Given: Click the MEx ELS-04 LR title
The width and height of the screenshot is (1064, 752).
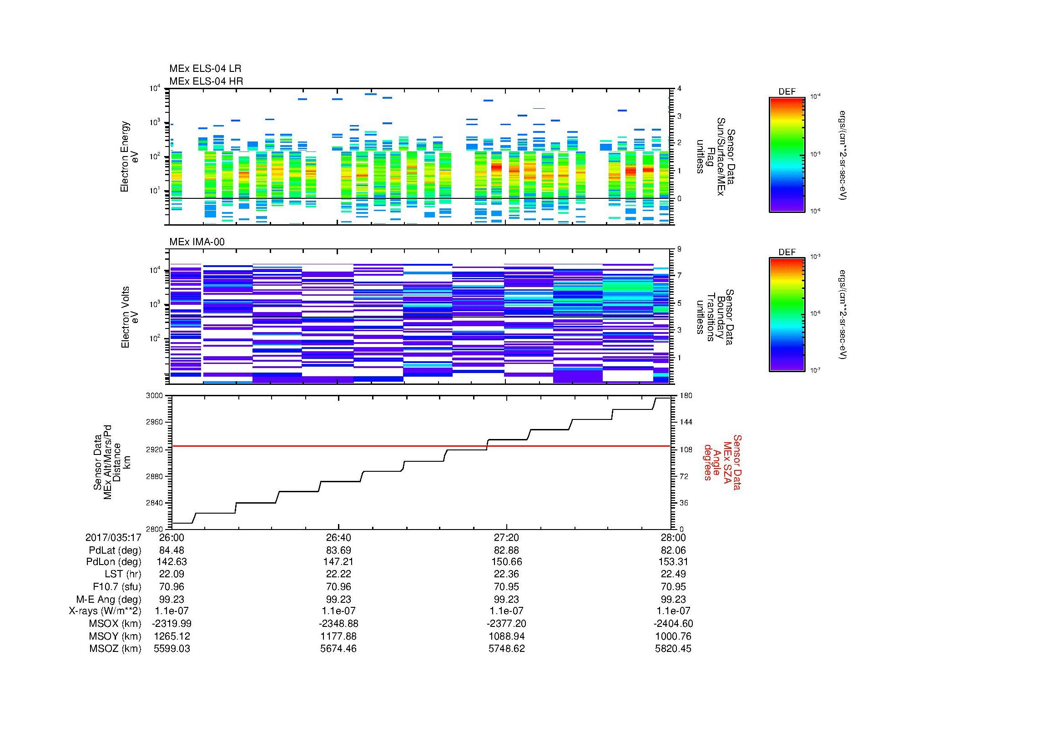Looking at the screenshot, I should pos(205,69).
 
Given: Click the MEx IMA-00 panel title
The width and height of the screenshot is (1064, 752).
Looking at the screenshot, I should pos(197,242).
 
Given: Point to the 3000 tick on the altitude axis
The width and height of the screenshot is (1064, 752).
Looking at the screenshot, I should pos(155,396).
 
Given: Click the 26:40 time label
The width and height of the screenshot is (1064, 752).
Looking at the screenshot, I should pos(339,537).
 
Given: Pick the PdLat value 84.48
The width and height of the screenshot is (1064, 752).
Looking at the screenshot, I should pos(171,550).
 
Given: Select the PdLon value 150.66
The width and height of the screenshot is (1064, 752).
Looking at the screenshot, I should pos(506,562).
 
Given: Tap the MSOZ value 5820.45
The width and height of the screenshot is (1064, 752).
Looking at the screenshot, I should pos(673,649).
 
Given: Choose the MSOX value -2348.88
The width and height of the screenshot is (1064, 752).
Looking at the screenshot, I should pos(339,624).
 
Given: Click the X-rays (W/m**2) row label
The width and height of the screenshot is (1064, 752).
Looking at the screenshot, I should pos(105,611).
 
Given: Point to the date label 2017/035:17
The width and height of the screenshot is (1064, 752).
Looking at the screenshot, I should pos(113,537).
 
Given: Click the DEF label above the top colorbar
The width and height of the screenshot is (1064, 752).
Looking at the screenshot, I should pos(787,92).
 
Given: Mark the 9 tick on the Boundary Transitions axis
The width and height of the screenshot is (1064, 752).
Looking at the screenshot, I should pos(679,249).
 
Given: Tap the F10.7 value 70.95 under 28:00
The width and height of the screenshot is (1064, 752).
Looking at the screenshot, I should pos(673,586).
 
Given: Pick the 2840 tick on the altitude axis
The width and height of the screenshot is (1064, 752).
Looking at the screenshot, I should pos(155,503).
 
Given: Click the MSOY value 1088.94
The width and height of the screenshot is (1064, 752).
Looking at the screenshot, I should pos(506,636).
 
